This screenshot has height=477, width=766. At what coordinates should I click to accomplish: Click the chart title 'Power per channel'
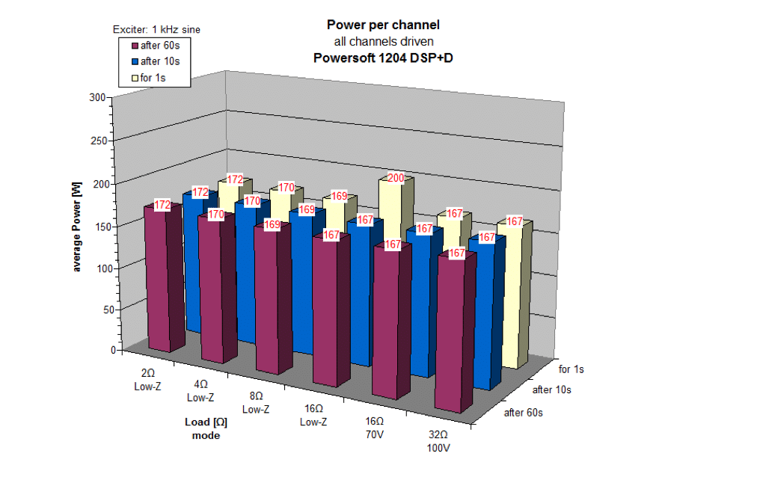(382, 25)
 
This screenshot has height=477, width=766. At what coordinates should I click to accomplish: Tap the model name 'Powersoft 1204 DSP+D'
(382, 56)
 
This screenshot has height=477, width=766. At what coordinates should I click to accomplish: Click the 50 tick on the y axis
(99, 309)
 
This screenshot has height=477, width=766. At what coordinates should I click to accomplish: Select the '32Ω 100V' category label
(438, 441)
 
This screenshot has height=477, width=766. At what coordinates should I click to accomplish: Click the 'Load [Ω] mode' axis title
(206, 428)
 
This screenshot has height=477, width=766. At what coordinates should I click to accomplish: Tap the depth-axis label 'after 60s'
(523, 413)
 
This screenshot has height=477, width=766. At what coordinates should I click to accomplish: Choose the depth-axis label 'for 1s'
(572, 369)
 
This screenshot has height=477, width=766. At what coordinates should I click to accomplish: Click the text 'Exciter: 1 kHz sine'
(156, 29)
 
